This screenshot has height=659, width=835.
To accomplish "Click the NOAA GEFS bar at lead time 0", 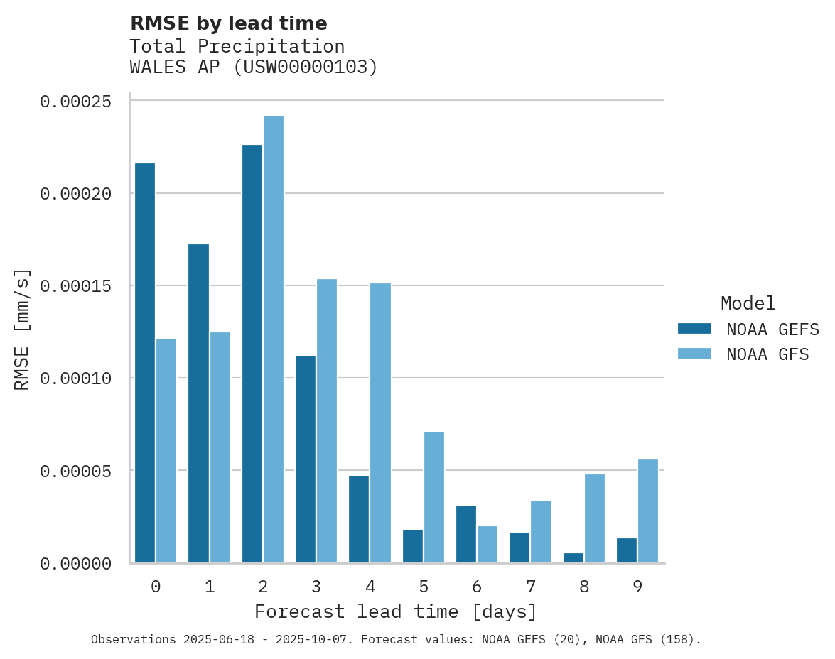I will click(x=145, y=363).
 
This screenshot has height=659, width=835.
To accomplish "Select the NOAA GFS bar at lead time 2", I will click(x=274, y=339).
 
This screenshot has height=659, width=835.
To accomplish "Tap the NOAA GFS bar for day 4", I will click(x=381, y=423).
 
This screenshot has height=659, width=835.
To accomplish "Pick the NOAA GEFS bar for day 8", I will click(x=573, y=557).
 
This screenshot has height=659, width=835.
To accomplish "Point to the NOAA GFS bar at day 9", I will click(x=648, y=511).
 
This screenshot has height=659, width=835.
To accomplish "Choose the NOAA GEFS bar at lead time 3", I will click(x=306, y=459).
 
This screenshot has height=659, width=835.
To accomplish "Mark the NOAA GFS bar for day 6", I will click(x=487, y=544).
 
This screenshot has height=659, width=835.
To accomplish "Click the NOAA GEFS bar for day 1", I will click(x=199, y=403).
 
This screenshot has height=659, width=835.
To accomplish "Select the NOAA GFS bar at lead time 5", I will click(x=434, y=497).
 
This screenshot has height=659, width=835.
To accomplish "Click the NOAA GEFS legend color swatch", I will click(x=694, y=328).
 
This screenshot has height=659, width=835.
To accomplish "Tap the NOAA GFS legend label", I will click(x=767, y=354).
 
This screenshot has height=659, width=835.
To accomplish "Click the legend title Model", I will click(x=748, y=303).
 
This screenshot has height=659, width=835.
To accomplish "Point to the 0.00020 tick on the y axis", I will click(x=75, y=193).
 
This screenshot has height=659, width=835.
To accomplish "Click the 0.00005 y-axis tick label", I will click(x=75, y=471).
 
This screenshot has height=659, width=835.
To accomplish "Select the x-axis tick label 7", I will click(x=531, y=587).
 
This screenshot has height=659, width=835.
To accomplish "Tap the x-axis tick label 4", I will click(x=370, y=587).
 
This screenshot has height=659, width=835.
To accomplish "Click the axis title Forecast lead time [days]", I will click(x=396, y=611).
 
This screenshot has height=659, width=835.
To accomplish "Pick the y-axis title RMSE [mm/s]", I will click(x=22, y=329).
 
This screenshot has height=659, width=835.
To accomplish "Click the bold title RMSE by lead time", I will click(x=229, y=23).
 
